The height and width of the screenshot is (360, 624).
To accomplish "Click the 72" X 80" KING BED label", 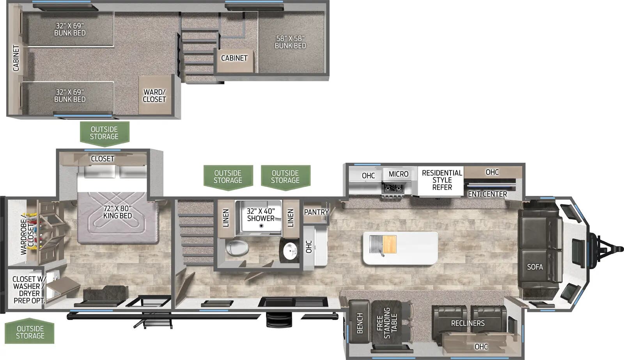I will click(117, 212).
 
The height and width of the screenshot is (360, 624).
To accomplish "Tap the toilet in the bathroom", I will click(238, 248).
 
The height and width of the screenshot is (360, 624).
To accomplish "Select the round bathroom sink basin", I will click(290, 251).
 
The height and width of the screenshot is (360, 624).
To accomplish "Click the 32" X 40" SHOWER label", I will click(261, 215).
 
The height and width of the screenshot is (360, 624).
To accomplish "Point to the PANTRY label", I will click(316, 212).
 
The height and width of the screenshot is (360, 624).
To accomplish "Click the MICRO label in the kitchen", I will click(398, 174).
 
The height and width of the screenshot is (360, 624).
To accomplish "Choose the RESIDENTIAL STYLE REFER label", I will click(442, 180).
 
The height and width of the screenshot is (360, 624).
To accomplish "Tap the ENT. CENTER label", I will click(487, 194).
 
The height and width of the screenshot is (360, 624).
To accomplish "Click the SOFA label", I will click(535, 267).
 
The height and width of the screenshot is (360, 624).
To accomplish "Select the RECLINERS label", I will click(468, 323).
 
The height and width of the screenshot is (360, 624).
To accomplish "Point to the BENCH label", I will click(360, 323).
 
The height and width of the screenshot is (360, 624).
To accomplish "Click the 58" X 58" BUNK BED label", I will click(290, 42).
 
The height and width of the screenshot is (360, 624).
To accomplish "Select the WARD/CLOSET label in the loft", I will click(154, 96).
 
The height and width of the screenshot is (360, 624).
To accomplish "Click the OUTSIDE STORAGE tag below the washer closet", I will click(30, 332).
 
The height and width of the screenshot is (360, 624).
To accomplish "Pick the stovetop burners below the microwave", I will click(393, 188).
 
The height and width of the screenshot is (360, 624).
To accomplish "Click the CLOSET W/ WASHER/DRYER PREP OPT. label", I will click(29, 289).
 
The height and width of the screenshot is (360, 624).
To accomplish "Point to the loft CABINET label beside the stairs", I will click(234, 58).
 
